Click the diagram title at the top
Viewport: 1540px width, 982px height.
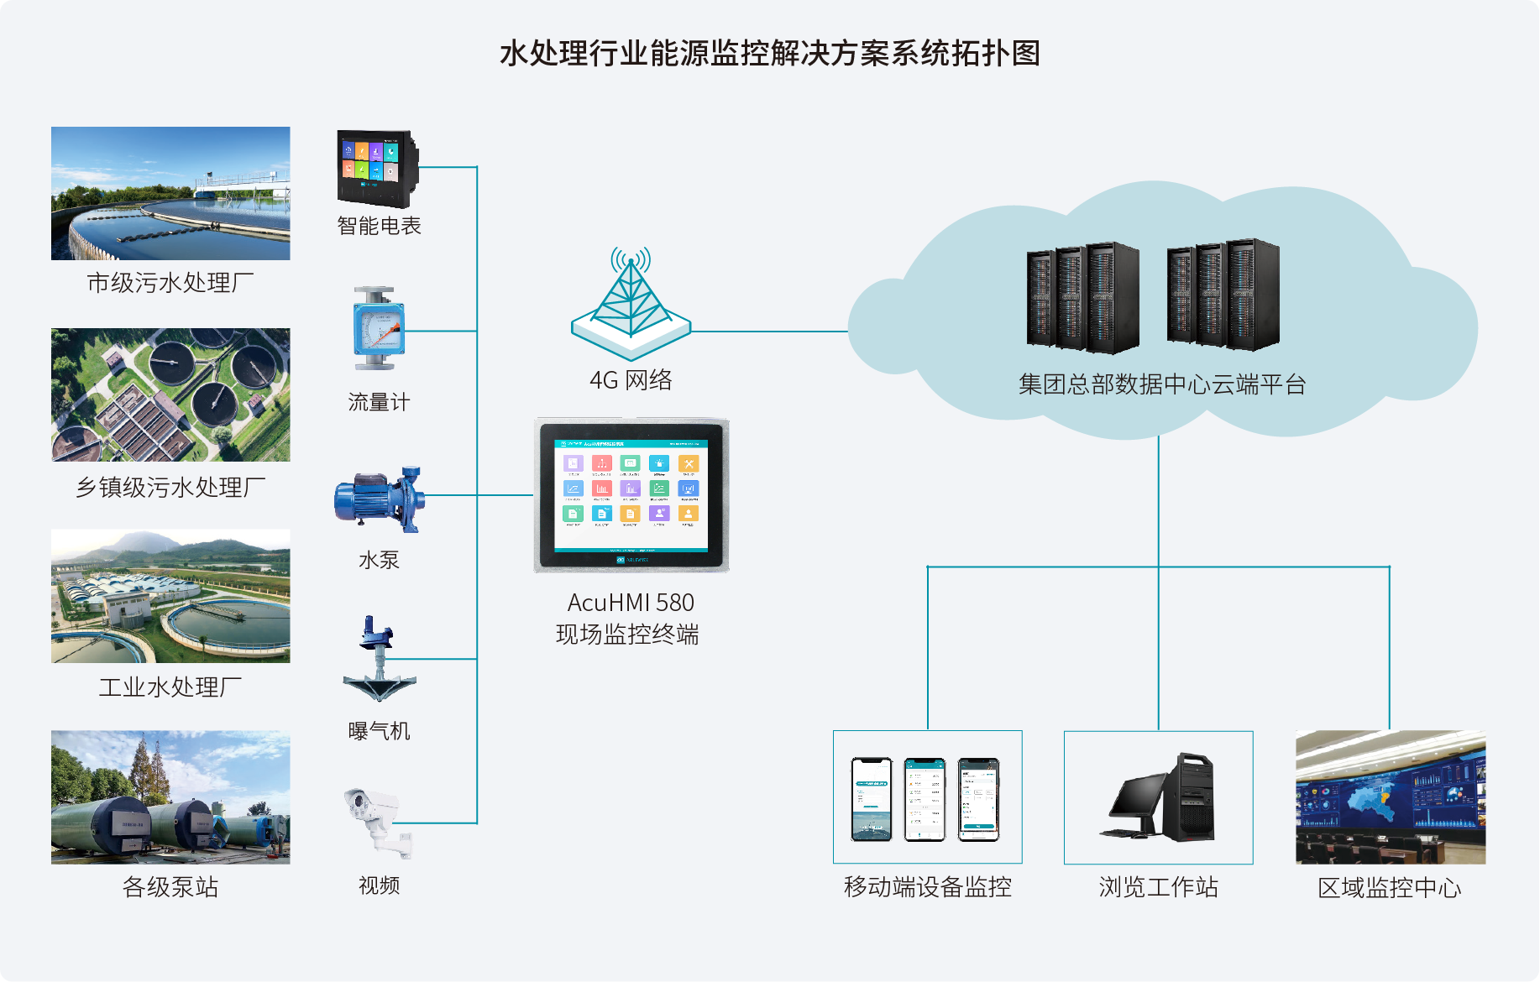pos(769,54)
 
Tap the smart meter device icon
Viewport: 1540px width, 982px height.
pos(377,168)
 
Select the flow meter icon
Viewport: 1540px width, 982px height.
pos(378,329)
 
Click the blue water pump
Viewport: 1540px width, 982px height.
pos(379,499)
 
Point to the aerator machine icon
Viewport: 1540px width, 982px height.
pos(379,660)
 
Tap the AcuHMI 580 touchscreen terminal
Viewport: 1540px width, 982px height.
pos(631,495)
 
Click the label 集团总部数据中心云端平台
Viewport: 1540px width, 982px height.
pos(1162,384)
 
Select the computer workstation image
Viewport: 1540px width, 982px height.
pos(1158,797)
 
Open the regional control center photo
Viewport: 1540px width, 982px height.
pos(1390,797)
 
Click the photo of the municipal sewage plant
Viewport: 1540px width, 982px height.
pos(170,193)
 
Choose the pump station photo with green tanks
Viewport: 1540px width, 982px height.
pos(170,797)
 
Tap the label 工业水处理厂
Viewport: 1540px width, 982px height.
pos(170,687)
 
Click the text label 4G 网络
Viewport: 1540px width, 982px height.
pos(631,380)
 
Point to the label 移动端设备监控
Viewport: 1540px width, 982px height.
pos(927,887)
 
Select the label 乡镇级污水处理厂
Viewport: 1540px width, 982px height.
pos(170,488)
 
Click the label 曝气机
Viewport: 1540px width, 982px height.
pos(379,731)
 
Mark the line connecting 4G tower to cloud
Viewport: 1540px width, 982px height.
pos(768,332)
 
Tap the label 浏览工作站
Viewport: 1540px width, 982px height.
pos(1158,887)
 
